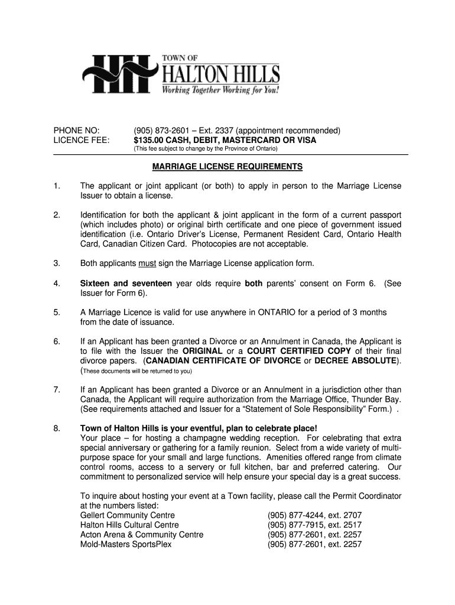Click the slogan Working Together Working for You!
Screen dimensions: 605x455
220,92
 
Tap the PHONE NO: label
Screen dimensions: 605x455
77,130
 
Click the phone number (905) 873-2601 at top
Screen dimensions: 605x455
162,130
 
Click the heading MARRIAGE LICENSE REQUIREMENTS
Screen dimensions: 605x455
227,167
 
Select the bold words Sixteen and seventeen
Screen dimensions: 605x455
126,284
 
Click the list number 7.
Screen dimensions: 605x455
57,390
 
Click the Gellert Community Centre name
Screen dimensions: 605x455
127,515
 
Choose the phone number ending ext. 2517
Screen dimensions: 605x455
314,525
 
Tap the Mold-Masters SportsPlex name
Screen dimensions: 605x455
126,544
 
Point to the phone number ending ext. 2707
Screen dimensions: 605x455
314,515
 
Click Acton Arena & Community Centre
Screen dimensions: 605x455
142,535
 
